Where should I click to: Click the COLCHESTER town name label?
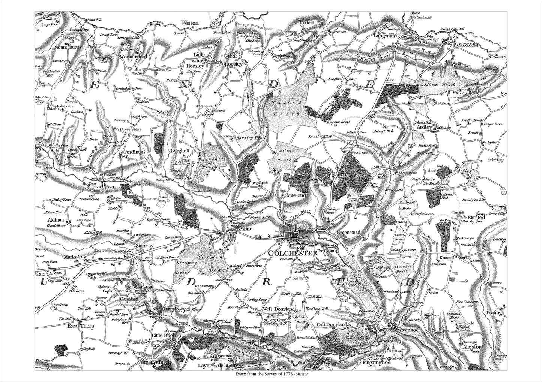coord(293,254)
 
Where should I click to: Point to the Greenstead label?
coord(348,233)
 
